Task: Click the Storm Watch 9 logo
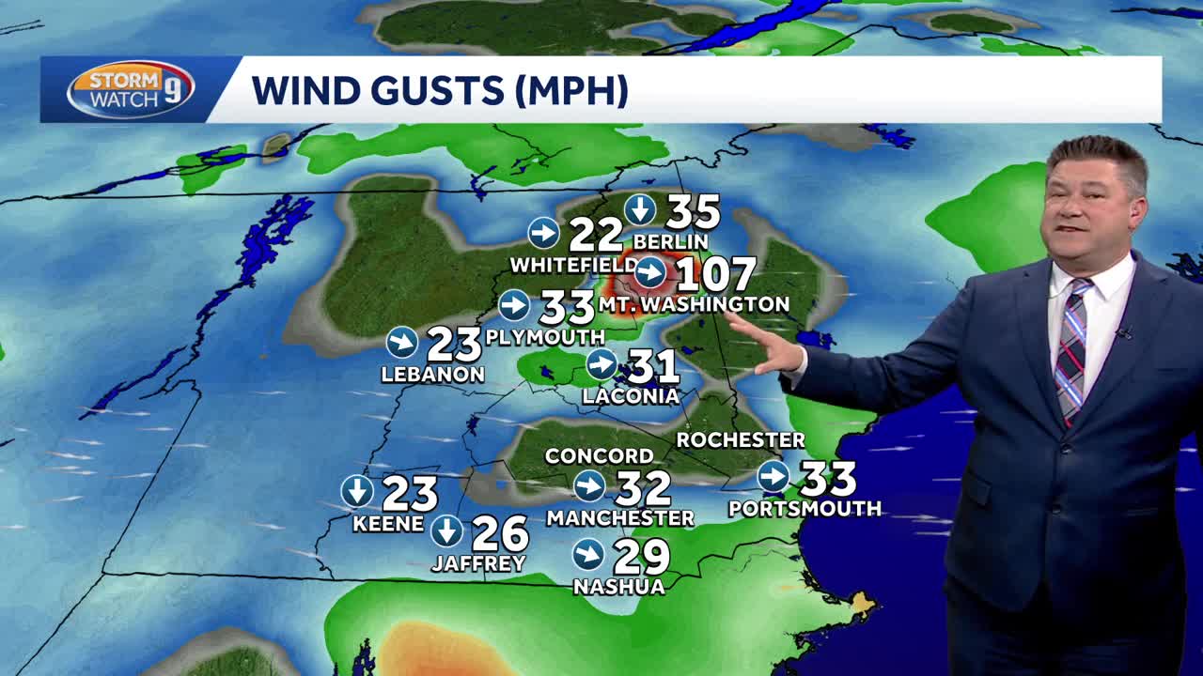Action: coord(130,90)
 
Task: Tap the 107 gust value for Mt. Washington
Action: coord(715,274)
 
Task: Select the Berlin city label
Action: coord(670,241)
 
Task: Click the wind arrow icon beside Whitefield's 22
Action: coord(544,232)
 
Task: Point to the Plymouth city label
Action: coord(545,336)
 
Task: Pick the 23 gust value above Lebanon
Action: coord(454,345)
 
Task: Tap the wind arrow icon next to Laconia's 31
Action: coord(601,364)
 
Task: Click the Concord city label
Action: coord(599,456)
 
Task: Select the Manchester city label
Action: coord(620,517)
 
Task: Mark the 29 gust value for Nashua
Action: coord(641,557)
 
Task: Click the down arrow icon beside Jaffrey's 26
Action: coord(446,531)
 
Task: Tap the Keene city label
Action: coord(388,524)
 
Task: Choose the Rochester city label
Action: coord(741,439)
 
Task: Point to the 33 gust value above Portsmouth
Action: coord(827,479)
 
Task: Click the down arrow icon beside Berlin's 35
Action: coord(640,209)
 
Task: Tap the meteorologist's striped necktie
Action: coord(1071,347)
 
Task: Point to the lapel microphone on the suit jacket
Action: coord(1123,332)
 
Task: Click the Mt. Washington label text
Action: coord(694,304)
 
